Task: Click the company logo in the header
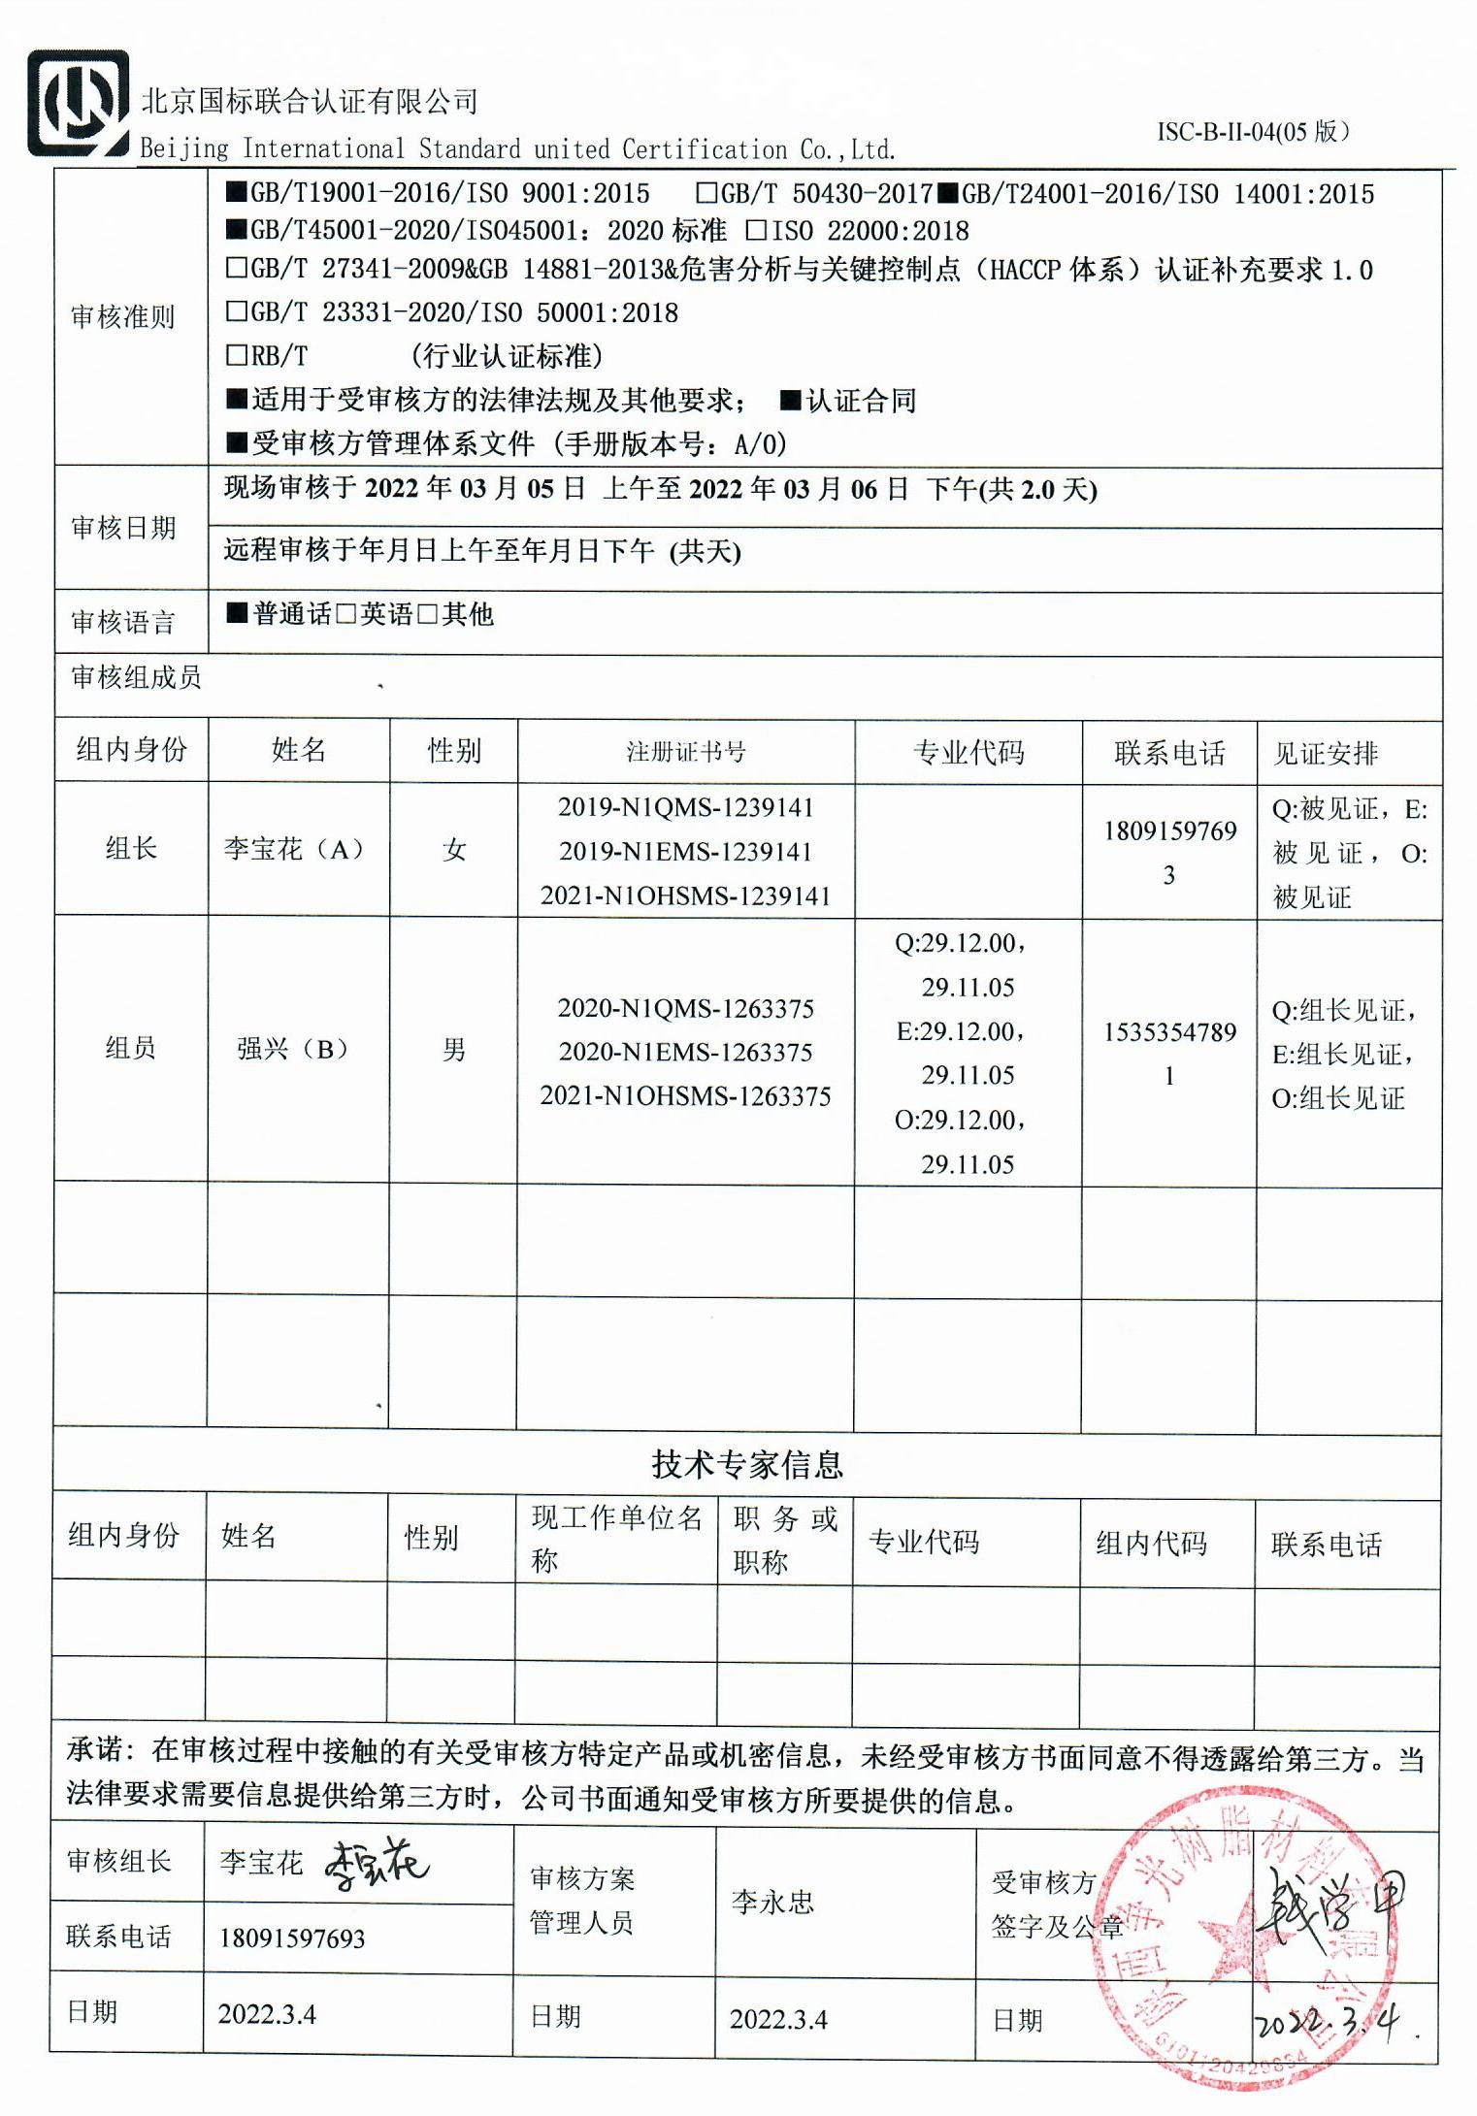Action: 78,104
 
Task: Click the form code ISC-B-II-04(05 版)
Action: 1252,132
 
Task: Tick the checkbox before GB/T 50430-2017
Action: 706,193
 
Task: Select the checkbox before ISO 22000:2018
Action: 756,231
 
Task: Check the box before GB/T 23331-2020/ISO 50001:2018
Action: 236,311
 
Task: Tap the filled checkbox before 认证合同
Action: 790,400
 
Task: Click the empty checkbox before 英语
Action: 346,614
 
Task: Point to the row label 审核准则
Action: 122,316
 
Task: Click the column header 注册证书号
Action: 685,752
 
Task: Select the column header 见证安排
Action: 1326,753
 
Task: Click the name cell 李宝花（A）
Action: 293,850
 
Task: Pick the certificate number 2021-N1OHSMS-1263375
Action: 685,1096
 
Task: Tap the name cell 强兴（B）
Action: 292,1049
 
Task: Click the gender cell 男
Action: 453,1050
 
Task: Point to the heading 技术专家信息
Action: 746,1464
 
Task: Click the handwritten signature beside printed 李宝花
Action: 376,1864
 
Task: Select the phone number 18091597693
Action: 292,1938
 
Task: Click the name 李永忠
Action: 772,1903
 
